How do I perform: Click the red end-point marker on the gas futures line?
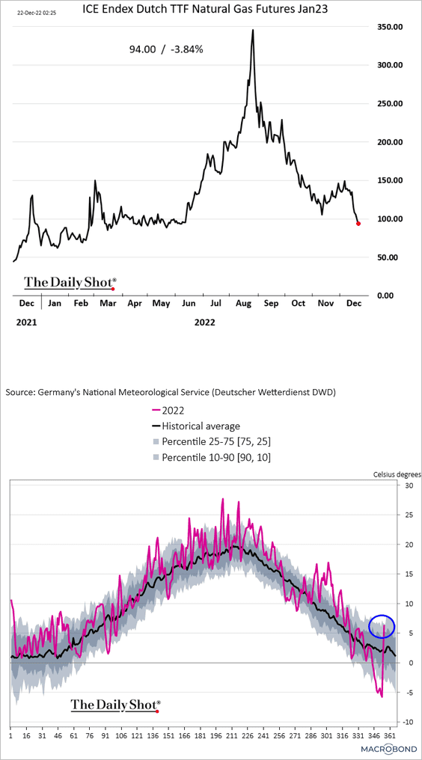tap(358, 224)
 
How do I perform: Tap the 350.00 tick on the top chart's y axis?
tap(390, 27)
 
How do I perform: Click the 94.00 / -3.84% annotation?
tap(166, 49)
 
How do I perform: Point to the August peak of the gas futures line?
tap(253, 30)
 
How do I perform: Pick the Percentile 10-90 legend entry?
tap(211, 457)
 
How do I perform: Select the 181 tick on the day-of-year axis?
tap(200, 735)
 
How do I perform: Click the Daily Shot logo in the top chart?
tap(71, 282)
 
